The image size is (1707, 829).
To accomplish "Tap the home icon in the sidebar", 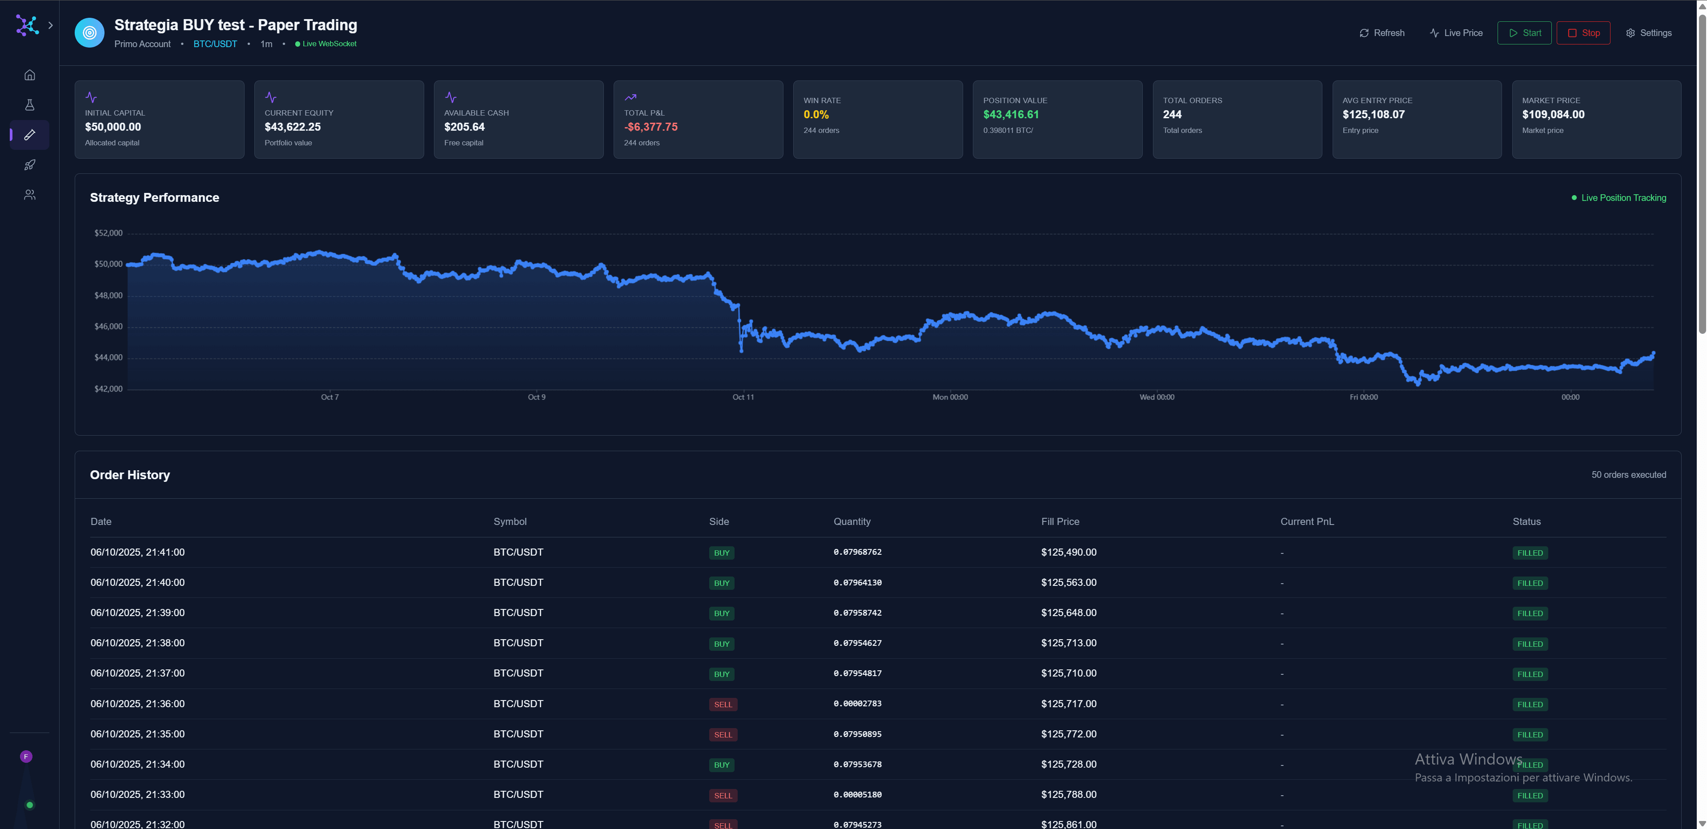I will click(30, 75).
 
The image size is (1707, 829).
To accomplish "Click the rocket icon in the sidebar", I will click(30, 165).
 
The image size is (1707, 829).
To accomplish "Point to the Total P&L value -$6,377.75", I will click(650, 127).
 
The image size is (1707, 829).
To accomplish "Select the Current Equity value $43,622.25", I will click(292, 127).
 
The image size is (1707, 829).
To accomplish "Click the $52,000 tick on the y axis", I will click(108, 233).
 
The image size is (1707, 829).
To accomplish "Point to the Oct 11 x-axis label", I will click(743, 397).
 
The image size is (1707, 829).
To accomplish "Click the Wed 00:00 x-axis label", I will click(1157, 397).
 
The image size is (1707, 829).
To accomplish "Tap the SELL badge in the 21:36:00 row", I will click(722, 705).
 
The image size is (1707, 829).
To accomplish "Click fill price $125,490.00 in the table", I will click(1068, 553).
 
